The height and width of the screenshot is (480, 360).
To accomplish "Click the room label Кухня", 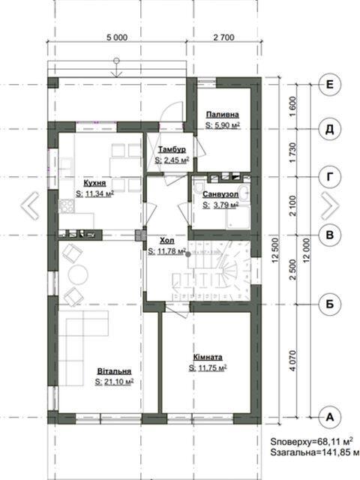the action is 94,183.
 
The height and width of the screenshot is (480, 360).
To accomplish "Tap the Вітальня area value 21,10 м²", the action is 114,382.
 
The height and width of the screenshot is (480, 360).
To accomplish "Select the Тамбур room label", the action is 172,149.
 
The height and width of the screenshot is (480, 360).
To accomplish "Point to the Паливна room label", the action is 222,115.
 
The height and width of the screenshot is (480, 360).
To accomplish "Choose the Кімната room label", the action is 208,357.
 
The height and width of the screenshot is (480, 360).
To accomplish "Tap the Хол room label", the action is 166,240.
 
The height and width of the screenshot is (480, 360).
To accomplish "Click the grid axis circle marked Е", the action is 330,85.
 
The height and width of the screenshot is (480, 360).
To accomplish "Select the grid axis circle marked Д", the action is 330,130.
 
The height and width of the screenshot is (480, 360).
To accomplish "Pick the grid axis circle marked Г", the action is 330,177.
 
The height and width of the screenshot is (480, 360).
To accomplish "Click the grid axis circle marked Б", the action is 330,304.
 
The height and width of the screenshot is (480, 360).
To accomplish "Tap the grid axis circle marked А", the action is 330,417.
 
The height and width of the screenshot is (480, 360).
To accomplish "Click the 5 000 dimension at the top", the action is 117,37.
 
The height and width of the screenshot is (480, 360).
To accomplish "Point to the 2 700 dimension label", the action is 223,37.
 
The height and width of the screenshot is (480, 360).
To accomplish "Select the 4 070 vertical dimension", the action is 293,361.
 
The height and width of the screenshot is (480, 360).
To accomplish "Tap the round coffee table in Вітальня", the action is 78,274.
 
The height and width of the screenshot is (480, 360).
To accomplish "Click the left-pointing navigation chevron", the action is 30,205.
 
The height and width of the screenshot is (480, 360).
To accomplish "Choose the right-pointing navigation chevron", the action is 330,205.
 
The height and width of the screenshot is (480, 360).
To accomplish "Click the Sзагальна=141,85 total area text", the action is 315,452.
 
